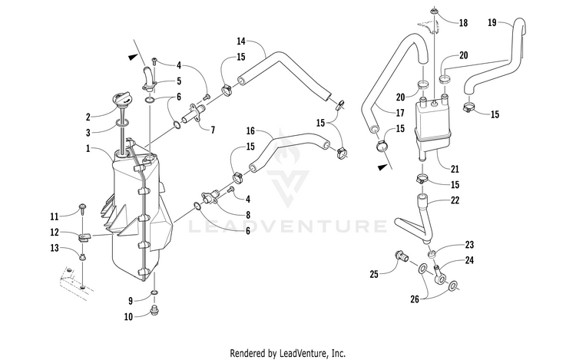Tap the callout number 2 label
pos(88,117)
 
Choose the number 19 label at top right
pos(492,24)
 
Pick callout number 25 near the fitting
pos(374,274)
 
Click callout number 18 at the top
pos(463,24)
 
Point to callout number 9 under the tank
pos(130,299)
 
